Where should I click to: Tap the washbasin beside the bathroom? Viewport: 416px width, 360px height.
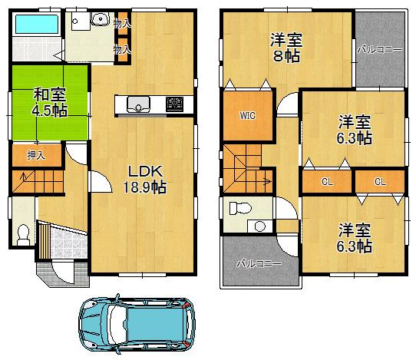(x=97, y=21)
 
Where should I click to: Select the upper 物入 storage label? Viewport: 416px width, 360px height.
(x=121, y=25)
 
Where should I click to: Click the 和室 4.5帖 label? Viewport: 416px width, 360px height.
(x=49, y=102)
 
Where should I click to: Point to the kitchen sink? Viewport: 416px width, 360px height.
(x=139, y=104)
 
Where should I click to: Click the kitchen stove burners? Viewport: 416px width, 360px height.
(x=174, y=104)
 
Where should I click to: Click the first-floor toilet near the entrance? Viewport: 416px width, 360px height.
(x=22, y=233)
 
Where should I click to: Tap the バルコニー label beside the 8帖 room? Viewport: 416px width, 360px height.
(x=379, y=50)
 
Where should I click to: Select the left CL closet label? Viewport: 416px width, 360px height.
(x=326, y=182)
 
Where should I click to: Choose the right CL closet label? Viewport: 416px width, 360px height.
(x=379, y=182)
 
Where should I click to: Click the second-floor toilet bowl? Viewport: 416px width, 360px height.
(x=239, y=207)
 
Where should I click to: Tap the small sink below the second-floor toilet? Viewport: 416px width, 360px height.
(x=259, y=226)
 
